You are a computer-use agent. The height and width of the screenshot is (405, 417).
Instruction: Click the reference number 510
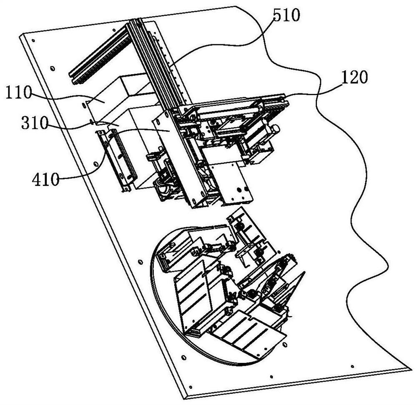(x=286, y=15)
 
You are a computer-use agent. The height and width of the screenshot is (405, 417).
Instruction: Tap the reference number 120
(x=354, y=78)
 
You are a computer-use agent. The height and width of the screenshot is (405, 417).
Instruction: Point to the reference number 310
(x=35, y=123)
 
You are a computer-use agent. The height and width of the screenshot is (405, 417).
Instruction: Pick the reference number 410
(x=45, y=179)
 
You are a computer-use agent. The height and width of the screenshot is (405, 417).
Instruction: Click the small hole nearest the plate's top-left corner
(x=33, y=41)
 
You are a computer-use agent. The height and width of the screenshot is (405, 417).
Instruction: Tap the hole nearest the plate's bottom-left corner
(x=190, y=387)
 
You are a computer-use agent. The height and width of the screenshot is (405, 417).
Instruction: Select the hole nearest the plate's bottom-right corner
(x=352, y=367)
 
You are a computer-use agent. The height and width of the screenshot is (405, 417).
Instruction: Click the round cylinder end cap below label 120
(x=276, y=129)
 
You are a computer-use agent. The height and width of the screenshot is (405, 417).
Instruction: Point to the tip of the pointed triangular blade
(x=305, y=272)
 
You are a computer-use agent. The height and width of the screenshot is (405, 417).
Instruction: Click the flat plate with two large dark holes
(x=234, y=184)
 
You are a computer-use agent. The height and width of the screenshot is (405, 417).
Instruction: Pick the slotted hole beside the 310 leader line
(x=92, y=122)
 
